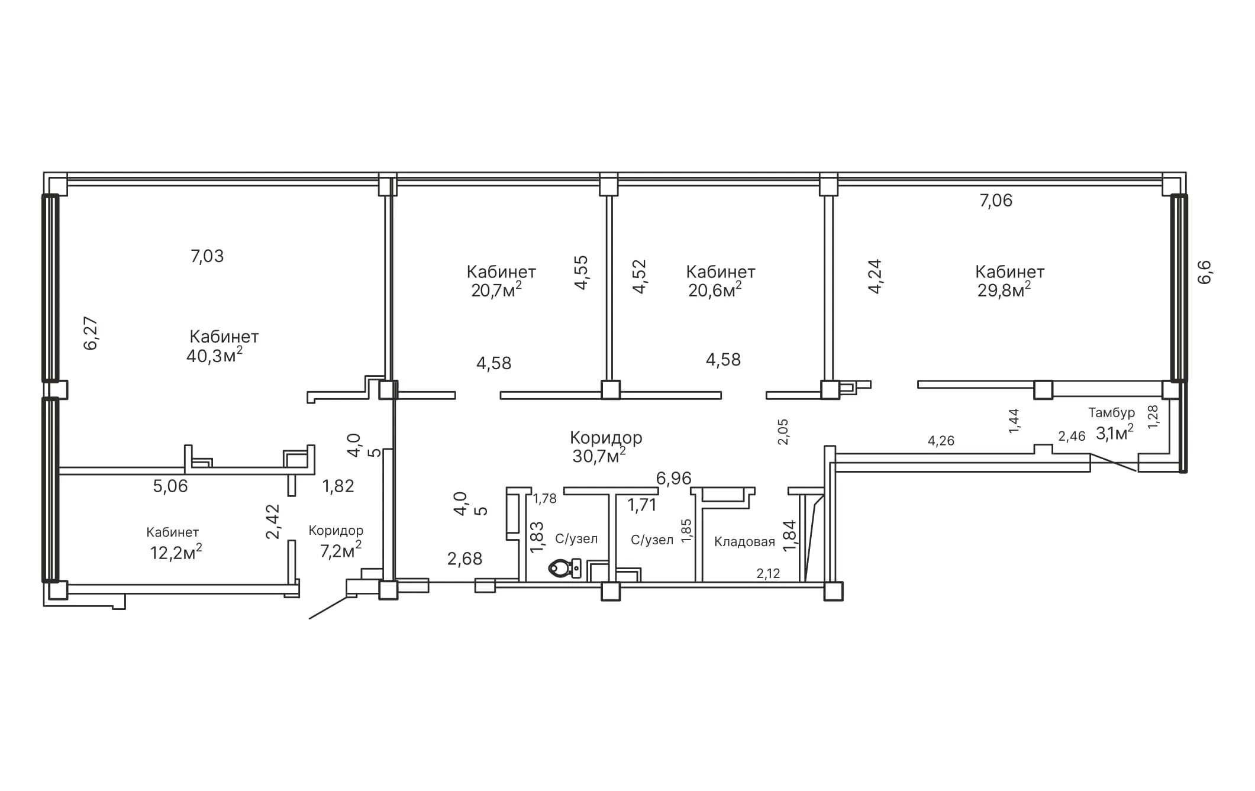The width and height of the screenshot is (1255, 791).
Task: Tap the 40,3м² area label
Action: [214, 355]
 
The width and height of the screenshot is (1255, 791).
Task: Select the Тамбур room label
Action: [1111, 412]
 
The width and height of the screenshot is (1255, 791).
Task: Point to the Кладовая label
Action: [744, 541]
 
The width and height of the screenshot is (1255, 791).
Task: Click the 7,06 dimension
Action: [996, 201]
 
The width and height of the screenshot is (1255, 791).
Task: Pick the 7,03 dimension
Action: [207, 256]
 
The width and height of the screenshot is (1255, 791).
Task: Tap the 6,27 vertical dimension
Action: [91, 334]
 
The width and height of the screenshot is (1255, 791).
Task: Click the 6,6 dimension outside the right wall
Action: [1205, 272]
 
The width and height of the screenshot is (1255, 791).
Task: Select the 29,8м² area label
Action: [1004, 289]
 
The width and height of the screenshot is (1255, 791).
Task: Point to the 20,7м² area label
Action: [496, 289]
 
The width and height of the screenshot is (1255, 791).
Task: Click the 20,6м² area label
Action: [715, 289]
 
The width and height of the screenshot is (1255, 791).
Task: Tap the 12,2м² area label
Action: [176, 552]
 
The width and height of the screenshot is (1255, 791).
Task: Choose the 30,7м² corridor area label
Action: [599, 455]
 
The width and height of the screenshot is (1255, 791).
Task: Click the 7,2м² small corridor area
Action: [341, 550]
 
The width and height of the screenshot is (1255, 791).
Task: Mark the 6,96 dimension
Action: [673, 478]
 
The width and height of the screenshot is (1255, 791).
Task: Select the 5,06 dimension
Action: [170, 486]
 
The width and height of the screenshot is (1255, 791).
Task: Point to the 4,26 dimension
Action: [941, 441]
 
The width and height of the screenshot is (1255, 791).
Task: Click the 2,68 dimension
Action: [464, 558]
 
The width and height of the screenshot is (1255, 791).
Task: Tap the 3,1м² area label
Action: [1115, 432]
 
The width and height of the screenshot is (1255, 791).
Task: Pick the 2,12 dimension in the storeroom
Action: [768, 573]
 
